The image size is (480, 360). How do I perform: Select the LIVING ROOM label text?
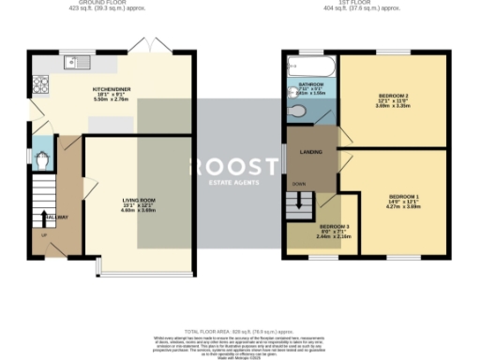139,201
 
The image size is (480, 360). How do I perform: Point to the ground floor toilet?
39,160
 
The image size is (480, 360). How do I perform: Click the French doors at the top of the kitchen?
142,46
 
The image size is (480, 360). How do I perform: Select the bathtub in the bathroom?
304,67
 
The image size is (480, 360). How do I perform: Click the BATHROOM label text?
310,84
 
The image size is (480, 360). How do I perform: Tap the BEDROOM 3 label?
335,228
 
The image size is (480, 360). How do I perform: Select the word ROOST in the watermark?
234,167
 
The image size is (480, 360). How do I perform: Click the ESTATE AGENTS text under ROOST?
234,184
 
